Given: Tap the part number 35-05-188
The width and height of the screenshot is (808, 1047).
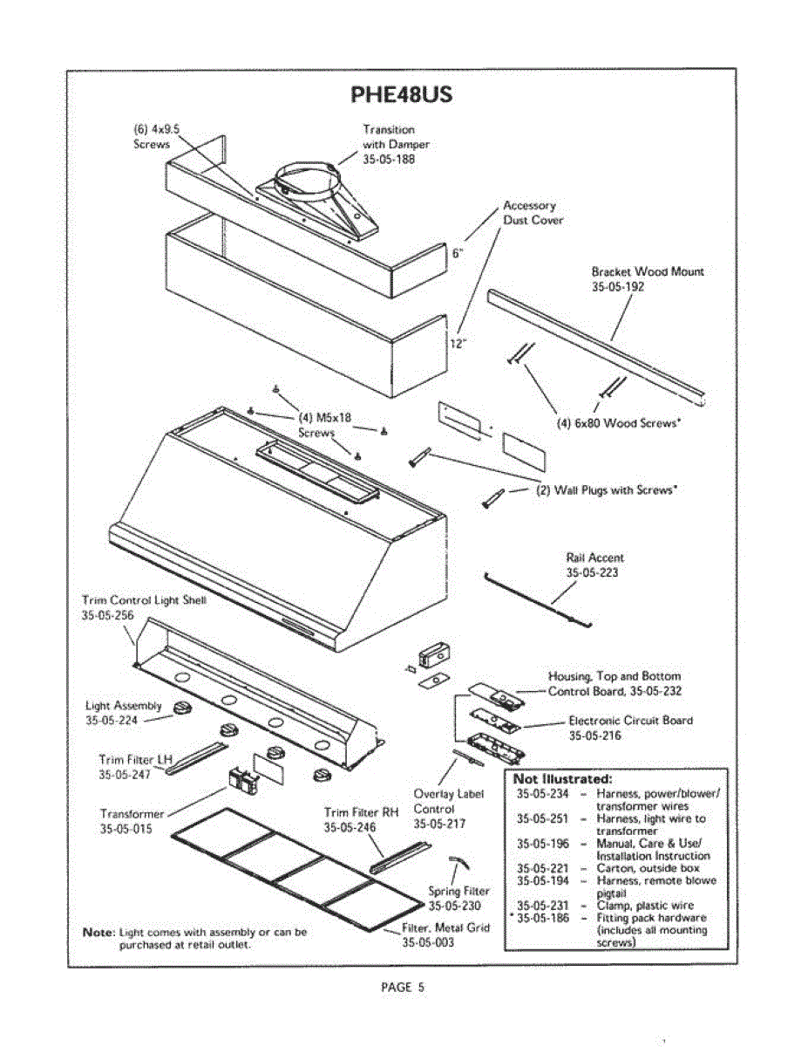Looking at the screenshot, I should click(389, 159).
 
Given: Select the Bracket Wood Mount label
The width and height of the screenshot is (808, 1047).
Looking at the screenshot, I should click(648, 271).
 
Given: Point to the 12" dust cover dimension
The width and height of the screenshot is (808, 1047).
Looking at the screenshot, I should click(458, 343).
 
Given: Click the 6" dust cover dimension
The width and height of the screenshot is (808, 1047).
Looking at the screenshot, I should click(458, 254).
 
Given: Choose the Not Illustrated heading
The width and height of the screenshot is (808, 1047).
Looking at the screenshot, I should click(562, 778).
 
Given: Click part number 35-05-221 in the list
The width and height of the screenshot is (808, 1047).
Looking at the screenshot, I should click(542, 869).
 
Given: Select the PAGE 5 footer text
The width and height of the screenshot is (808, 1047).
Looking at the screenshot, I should click(403, 988).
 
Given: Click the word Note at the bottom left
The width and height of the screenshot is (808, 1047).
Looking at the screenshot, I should click(98, 932).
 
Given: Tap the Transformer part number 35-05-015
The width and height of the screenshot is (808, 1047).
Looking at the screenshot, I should click(126, 829).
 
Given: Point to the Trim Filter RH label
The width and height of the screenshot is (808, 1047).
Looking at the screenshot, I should click(361, 812).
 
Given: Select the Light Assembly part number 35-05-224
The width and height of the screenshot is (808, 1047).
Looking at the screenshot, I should click(112, 721).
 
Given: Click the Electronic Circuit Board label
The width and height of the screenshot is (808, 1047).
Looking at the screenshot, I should click(631, 721).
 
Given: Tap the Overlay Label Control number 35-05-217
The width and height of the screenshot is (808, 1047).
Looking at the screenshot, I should click(440, 823).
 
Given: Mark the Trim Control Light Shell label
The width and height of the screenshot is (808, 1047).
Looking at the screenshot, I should click(144, 600).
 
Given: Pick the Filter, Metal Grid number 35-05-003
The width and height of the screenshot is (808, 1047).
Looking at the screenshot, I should click(428, 942).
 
